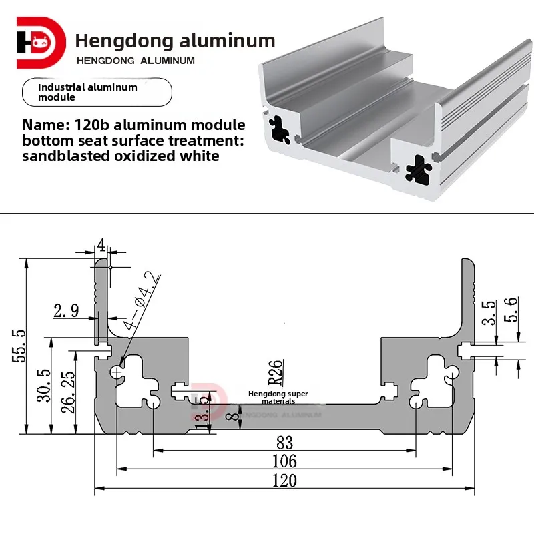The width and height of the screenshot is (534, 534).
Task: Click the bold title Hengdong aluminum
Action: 175,41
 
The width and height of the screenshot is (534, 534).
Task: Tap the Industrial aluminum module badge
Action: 97,92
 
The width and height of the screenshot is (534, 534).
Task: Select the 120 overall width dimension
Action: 284,479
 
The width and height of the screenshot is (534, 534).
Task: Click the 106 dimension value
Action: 284,460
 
